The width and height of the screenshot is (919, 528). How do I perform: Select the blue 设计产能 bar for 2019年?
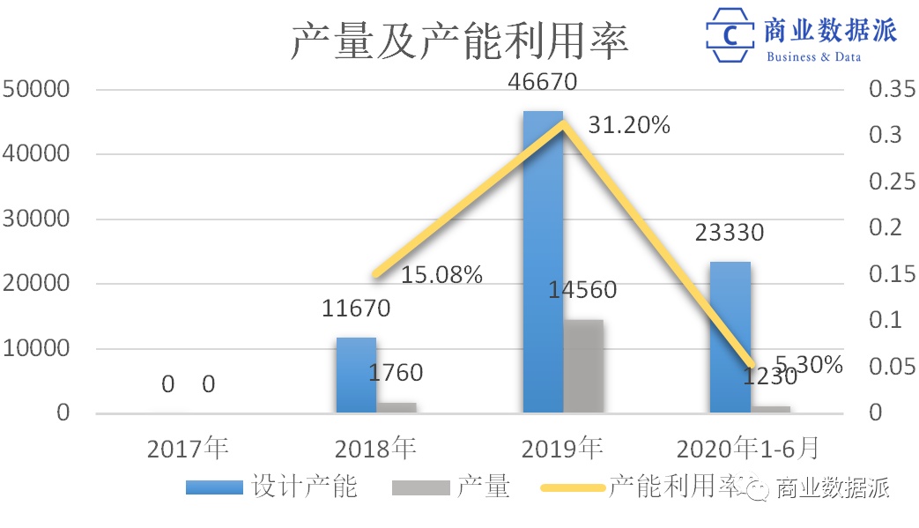click(542, 264)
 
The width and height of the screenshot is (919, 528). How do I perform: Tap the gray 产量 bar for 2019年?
click(583, 366)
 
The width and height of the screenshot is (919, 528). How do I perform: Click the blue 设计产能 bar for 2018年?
click(356, 375)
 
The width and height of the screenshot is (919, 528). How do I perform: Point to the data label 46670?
click(543, 83)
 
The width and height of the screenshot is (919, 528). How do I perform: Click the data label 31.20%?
click(629, 125)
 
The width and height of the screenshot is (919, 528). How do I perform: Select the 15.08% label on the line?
click(441, 275)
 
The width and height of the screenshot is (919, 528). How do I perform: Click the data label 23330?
click(729, 233)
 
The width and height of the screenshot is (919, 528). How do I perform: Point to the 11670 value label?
click(355, 309)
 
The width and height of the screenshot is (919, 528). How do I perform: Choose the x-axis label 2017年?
click(188, 449)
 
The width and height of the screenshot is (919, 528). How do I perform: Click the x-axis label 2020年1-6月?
click(748, 449)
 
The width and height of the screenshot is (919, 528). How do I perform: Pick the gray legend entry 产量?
click(458, 487)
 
